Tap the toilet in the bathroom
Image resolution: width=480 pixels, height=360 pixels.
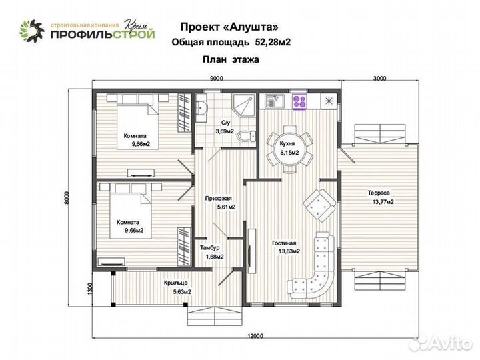click(249, 135)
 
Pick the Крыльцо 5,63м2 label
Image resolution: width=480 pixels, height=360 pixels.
click(178, 287)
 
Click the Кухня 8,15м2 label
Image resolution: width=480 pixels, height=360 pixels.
click(289, 149)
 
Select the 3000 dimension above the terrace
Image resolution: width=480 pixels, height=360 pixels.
click(379, 78)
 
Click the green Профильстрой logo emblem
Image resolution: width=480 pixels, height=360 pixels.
click(31, 31)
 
